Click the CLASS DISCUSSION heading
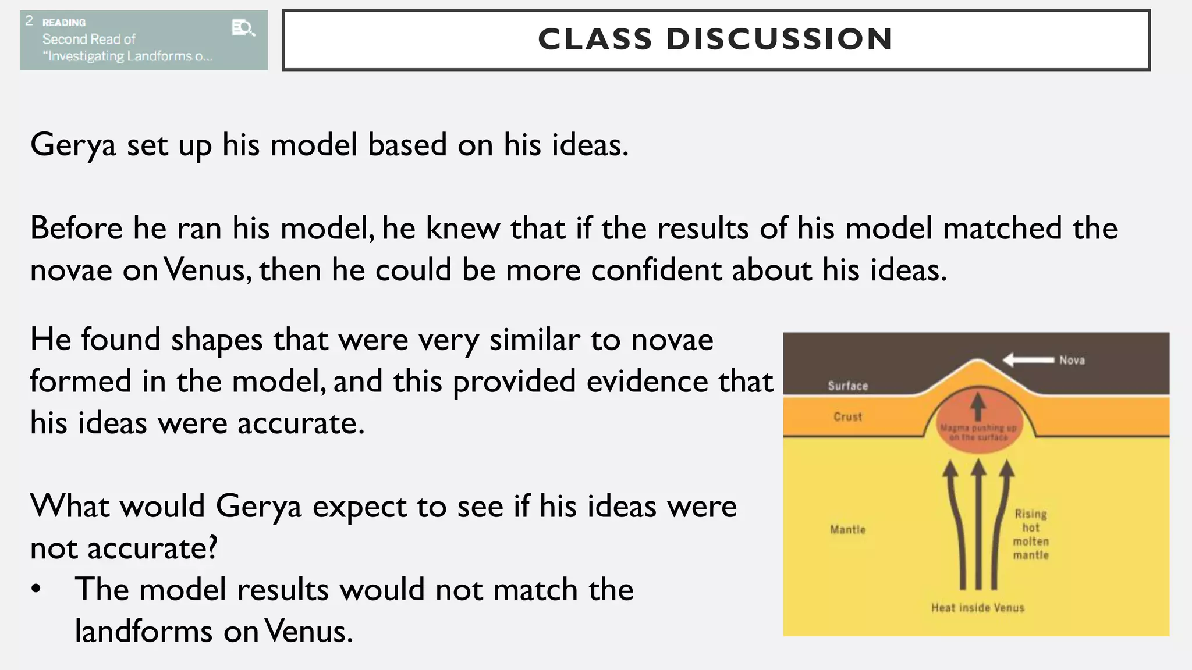715,40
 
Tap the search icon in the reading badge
243,27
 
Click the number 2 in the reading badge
29,21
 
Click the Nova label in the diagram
1072,361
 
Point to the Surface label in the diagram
847,386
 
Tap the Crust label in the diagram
847,417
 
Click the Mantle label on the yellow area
847,530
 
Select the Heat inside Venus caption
977,608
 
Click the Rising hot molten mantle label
1031,534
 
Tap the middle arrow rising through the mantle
979,523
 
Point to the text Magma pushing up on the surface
978,432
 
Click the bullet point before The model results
37,589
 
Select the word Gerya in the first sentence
73,145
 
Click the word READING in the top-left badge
64,23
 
